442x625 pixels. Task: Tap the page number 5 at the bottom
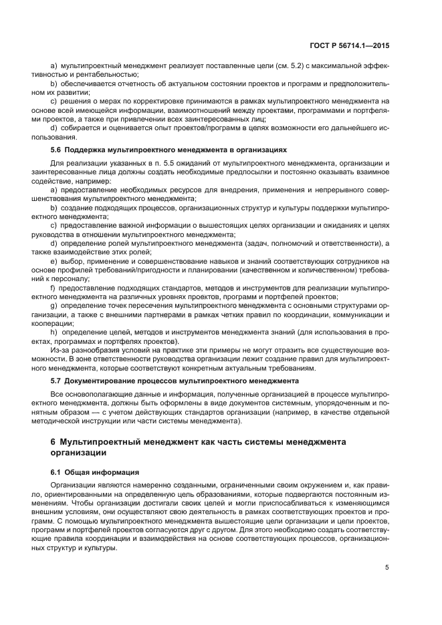click(387, 568)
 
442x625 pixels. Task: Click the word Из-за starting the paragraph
click(60, 350)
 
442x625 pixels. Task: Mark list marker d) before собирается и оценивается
click(53, 128)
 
